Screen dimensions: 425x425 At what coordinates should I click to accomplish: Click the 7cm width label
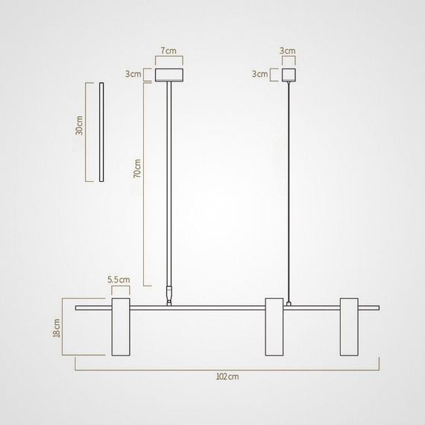click(x=169, y=51)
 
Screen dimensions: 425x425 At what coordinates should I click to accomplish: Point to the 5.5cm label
click(x=119, y=280)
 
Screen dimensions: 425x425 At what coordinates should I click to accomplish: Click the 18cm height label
click(x=57, y=328)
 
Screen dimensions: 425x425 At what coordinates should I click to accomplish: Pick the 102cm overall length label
click(x=228, y=377)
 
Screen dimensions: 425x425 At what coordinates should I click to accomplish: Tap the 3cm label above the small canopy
click(x=288, y=51)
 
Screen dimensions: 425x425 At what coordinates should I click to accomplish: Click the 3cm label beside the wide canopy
click(x=134, y=75)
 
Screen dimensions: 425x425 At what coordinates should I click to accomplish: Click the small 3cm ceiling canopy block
click(x=288, y=75)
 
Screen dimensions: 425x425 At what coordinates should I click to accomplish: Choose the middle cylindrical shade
click(x=274, y=328)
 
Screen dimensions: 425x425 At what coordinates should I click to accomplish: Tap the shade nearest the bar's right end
click(x=350, y=328)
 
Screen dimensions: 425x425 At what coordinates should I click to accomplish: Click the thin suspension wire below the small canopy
click(x=288, y=186)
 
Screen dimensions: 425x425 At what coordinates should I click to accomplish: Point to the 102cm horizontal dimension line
click(x=228, y=369)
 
